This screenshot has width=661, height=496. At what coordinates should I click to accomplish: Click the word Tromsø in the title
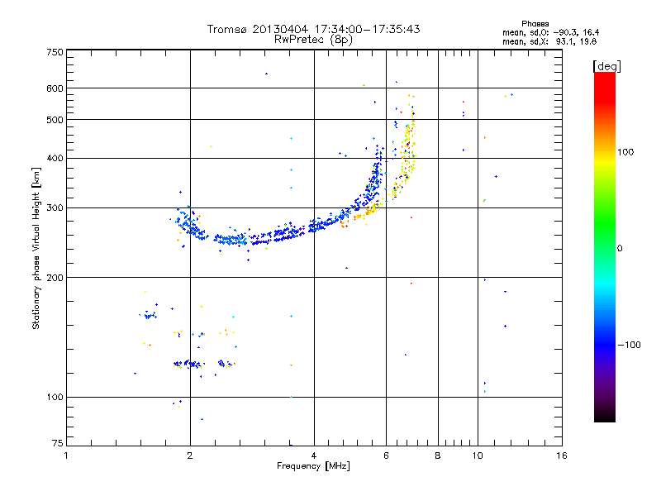228,29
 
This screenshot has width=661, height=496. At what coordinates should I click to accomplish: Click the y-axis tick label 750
55,52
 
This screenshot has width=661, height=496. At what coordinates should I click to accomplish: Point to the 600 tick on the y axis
55,88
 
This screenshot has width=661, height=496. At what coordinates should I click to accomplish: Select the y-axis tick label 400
55,158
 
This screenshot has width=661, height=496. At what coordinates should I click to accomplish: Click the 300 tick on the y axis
55,207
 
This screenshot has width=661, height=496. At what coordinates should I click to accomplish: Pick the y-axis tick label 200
55,278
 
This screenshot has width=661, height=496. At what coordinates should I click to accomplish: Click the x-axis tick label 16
561,455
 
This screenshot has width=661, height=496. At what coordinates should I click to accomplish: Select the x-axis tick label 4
314,455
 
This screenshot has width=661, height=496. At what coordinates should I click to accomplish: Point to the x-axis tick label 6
387,455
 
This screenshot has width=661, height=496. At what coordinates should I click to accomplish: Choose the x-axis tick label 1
67,455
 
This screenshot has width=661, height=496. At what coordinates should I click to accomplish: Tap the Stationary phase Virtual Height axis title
36,248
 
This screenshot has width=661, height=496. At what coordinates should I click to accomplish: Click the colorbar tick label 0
621,248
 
